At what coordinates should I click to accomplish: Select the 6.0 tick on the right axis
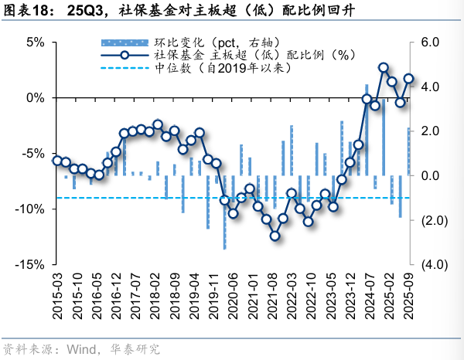pyautogui.click(x=430, y=42)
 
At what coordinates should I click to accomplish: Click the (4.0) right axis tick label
pyautogui.click(x=432, y=264)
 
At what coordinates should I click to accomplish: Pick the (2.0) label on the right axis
pyautogui.click(x=432, y=220)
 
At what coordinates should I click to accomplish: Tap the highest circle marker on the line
pyautogui.click(x=384, y=67)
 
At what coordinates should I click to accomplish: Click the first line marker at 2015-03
pyautogui.click(x=57, y=161)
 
